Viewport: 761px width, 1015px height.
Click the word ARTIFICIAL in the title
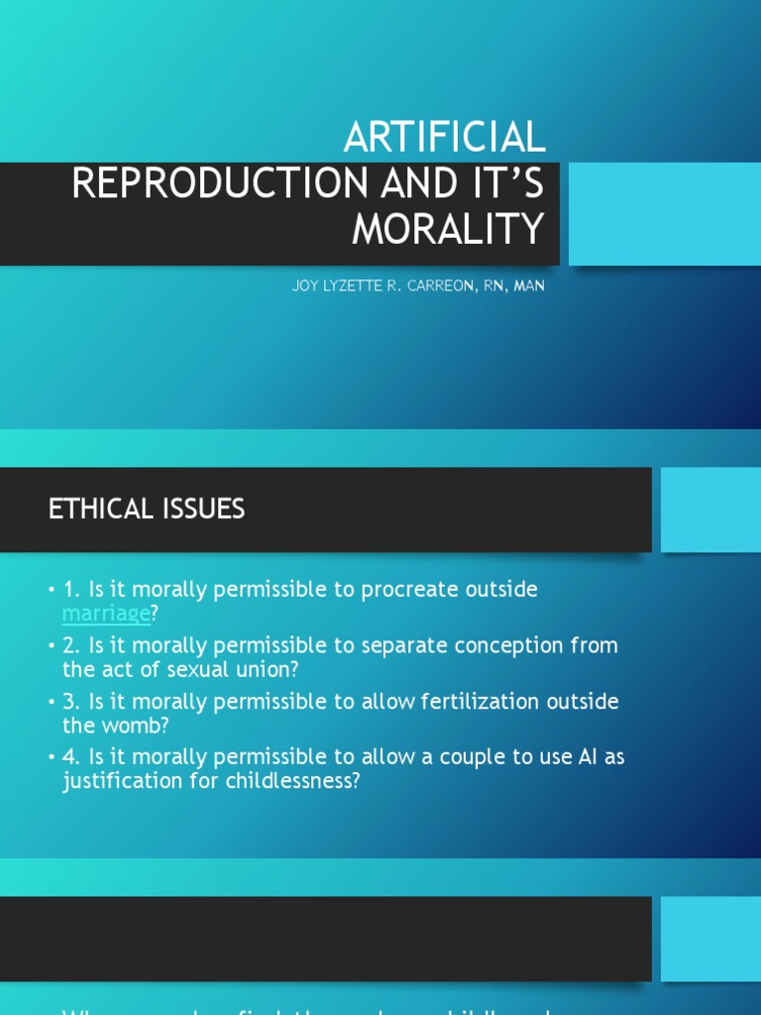point(444,138)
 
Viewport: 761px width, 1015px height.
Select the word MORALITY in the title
point(448,230)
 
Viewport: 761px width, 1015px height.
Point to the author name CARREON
point(428,286)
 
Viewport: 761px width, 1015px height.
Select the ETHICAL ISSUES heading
point(147,509)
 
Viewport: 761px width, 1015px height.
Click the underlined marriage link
point(106,614)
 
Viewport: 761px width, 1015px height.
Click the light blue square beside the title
point(664,214)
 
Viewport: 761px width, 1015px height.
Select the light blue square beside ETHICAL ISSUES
point(710,509)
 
